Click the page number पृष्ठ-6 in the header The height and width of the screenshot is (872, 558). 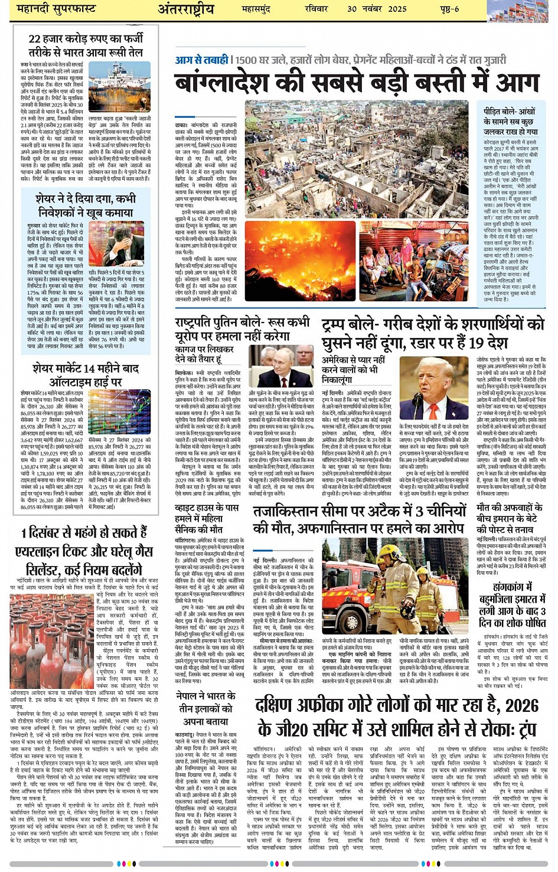pos(449,9)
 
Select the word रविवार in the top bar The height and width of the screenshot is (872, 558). pos(316,9)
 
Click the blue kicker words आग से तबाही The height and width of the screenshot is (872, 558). pos(201,60)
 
